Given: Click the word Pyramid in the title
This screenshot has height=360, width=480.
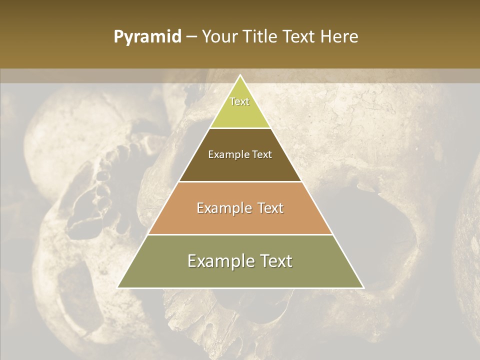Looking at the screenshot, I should [147, 37].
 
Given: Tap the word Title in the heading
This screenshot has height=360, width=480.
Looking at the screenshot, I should [261, 37].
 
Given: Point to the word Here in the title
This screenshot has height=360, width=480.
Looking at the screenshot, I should [339, 37].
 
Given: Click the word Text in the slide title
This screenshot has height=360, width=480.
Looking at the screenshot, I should [300, 37].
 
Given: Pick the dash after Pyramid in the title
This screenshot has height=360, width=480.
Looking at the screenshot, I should [190, 37].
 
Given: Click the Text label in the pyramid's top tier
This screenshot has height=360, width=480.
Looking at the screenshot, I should [239, 101].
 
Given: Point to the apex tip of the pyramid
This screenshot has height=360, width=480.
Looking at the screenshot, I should [240, 75].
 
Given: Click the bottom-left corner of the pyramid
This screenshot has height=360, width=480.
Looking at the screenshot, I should [118, 287].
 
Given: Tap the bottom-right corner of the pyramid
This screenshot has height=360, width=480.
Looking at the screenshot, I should [363, 287].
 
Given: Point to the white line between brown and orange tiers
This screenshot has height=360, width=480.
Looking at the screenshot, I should [240, 181].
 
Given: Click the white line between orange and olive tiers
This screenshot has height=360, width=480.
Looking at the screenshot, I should [240, 234].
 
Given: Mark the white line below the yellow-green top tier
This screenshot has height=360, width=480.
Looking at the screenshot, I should [240, 128].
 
